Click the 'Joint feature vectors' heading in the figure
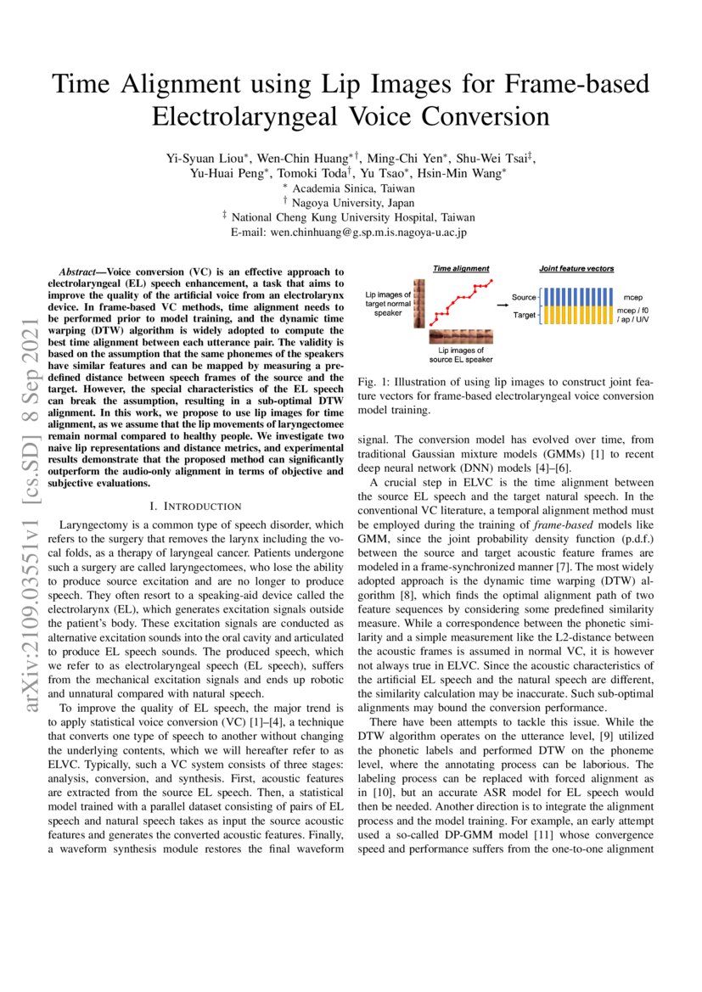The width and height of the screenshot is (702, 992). click(577, 269)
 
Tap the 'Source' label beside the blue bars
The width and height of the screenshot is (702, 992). click(524, 297)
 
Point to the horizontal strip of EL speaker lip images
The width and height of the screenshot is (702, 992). click(461, 336)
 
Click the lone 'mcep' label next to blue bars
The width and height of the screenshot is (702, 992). click(633, 298)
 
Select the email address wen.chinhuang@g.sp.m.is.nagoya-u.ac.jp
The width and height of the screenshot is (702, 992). click(350, 231)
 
